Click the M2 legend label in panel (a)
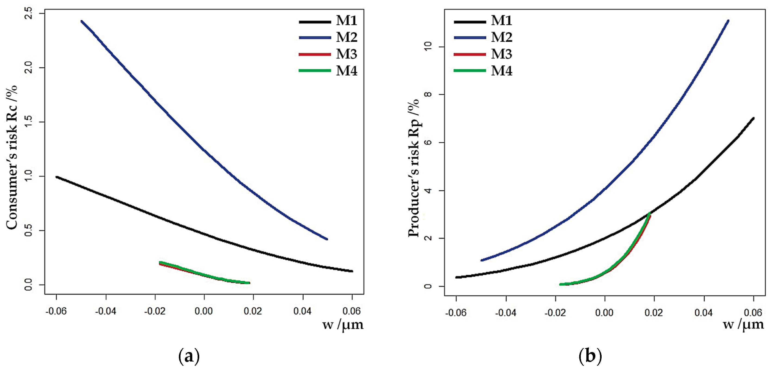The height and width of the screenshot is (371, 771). pyautogui.click(x=347, y=37)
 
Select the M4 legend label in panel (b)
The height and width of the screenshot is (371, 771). pyautogui.click(x=502, y=71)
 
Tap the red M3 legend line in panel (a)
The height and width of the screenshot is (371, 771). pyautogui.click(x=315, y=54)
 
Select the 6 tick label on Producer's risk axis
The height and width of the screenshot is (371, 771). pyautogui.click(x=428, y=142)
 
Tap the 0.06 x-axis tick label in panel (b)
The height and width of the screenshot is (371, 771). pyautogui.click(x=753, y=313)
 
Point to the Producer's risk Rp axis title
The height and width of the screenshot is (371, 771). pyautogui.click(x=414, y=168)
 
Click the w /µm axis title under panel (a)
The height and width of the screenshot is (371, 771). pyautogui.click(x=343, y=325)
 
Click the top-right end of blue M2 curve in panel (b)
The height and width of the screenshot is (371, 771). pyautogui.click(x=728, y=21)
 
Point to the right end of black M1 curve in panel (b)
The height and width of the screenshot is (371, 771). pyautogui.click(x=753, y=118)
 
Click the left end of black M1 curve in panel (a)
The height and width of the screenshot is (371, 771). pyautogui.click(x=56, y=177)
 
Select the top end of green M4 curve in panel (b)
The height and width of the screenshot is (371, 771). pyautogui.click(x=650, y=213)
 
